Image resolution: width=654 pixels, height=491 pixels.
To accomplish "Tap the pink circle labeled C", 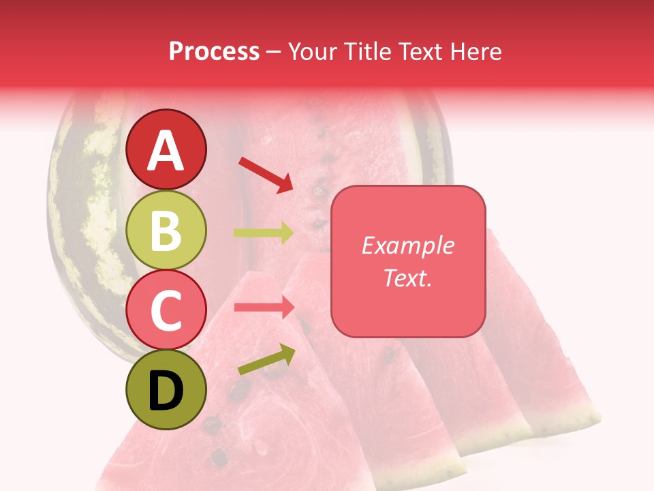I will pos(166,311).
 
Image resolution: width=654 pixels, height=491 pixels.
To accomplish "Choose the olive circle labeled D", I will pos(166,389).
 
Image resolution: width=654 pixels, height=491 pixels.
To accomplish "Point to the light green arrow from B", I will pos(264,233).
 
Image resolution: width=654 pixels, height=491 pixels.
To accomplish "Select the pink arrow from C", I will pos(264,307).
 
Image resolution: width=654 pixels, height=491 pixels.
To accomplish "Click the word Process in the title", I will pos(214,52).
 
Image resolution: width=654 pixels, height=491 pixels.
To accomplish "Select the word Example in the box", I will pos(407,246).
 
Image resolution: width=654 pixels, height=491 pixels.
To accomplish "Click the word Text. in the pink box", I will pos(407,278).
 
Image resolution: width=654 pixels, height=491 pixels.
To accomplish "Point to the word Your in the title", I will pos(309,52).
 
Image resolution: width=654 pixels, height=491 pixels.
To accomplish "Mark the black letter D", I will pos(166,391).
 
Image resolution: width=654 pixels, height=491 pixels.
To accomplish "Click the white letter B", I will pos(166,230).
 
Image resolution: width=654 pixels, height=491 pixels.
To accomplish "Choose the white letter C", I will pos(166,311).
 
